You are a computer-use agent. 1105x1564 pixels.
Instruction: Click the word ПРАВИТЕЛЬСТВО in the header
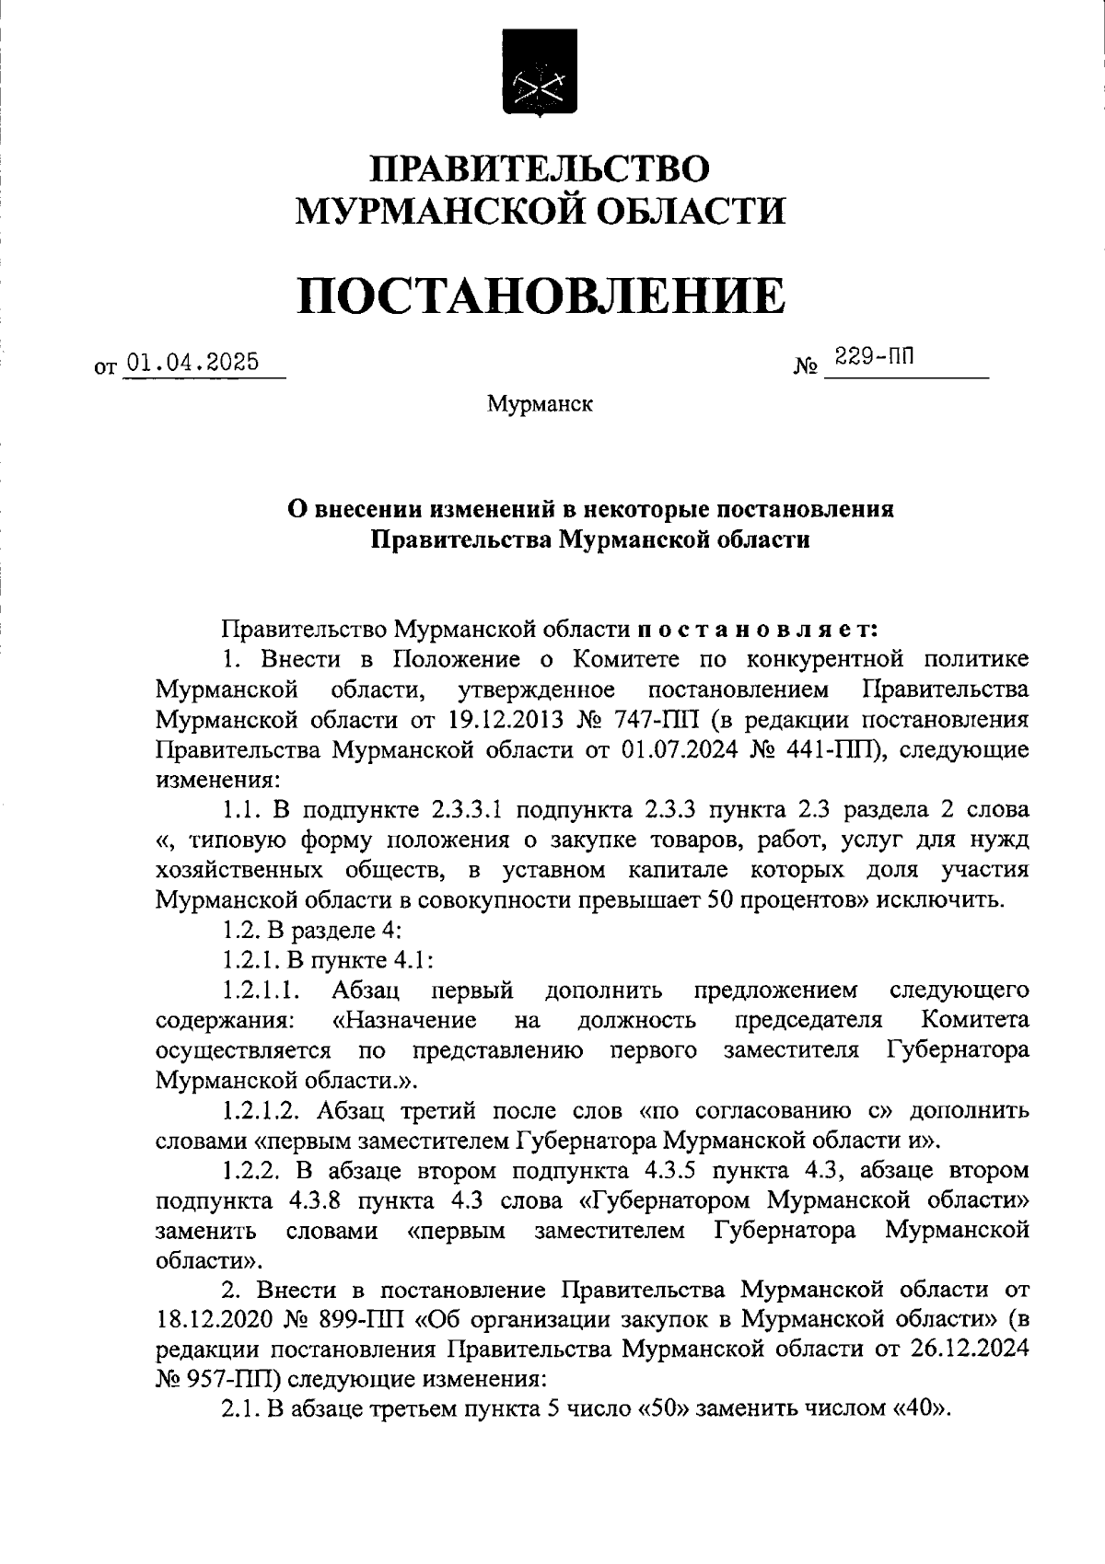pyautogui.click(x=541, y=169)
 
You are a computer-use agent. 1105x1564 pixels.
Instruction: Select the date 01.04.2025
pyautogui.click(x=192, y=362)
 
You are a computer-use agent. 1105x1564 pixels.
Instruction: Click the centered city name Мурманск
pyautogui.click(x=540, y=403)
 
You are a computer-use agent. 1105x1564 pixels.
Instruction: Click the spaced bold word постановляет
pyautogui.click(x=758, y=630)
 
